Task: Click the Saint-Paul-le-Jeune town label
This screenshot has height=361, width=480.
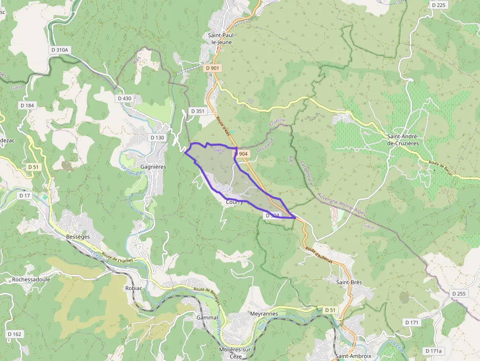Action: [x=222, y=39]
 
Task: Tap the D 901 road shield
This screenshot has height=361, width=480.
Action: [x=213, y=68]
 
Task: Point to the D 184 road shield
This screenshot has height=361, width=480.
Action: [x=27, y=105]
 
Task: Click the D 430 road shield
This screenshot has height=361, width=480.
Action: [x=125, y=98]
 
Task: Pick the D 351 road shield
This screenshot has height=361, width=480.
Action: [x=197, y=111]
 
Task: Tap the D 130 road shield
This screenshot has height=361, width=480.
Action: [x=157, y=138]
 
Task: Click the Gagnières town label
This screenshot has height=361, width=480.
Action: [x=153, y=167]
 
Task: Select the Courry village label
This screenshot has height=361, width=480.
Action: [x=235, y=202]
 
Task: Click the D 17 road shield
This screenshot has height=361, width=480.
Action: [x=24, y=195]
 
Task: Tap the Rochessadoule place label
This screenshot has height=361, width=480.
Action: [x=31, y=280]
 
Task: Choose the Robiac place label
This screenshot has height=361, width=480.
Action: [x=134, y=288]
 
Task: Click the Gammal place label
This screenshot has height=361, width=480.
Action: [x=207, y=317]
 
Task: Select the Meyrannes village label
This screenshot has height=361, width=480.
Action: [x=264, y=313]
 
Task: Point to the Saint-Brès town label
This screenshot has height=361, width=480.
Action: [x=349, y=282]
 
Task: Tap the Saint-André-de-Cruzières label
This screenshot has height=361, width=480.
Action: [x=402, y=140]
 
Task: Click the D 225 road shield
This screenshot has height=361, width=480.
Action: [x=439, y=5]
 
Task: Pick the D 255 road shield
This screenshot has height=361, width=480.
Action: [x=459, y=293]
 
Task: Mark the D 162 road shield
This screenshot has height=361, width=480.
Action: [x=15, y=334]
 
